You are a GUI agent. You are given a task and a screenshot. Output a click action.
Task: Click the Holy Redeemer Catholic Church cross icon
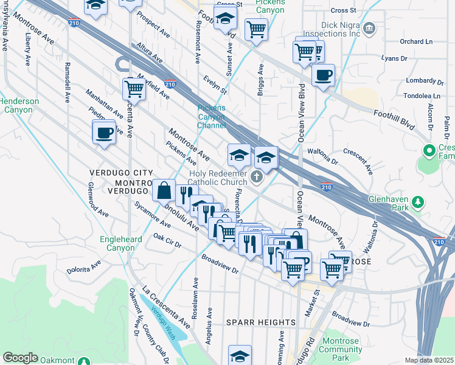click(x=257, y=178)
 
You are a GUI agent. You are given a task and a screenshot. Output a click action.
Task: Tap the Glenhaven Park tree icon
click(x=418, y=201)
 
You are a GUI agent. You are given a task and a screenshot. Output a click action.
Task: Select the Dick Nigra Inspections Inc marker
click(x=369, y=29)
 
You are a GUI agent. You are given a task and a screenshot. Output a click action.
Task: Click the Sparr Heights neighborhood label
click(x=260, y=322)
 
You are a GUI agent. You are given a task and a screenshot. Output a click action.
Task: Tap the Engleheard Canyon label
click(x=121, y=243)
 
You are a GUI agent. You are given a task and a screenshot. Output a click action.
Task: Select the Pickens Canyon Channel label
click(x=211, y=116)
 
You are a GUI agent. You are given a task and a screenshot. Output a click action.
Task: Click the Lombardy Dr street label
click(x=425, y=80)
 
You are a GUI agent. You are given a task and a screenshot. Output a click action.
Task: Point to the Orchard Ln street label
click(x=416, y=41)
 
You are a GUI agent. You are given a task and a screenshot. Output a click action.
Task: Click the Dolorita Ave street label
click(x=84, y=267)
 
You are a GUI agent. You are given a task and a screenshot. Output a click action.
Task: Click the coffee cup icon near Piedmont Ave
click(x=105, y=132)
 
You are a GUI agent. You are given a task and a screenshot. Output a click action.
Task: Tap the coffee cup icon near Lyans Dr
click(x=323, y=75)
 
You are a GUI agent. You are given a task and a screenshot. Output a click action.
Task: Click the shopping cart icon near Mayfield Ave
click(x=134, y=89)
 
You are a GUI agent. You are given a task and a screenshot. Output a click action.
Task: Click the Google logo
click(x=20, y=358)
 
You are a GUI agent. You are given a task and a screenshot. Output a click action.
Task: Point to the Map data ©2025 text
click(x=429, y=361)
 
